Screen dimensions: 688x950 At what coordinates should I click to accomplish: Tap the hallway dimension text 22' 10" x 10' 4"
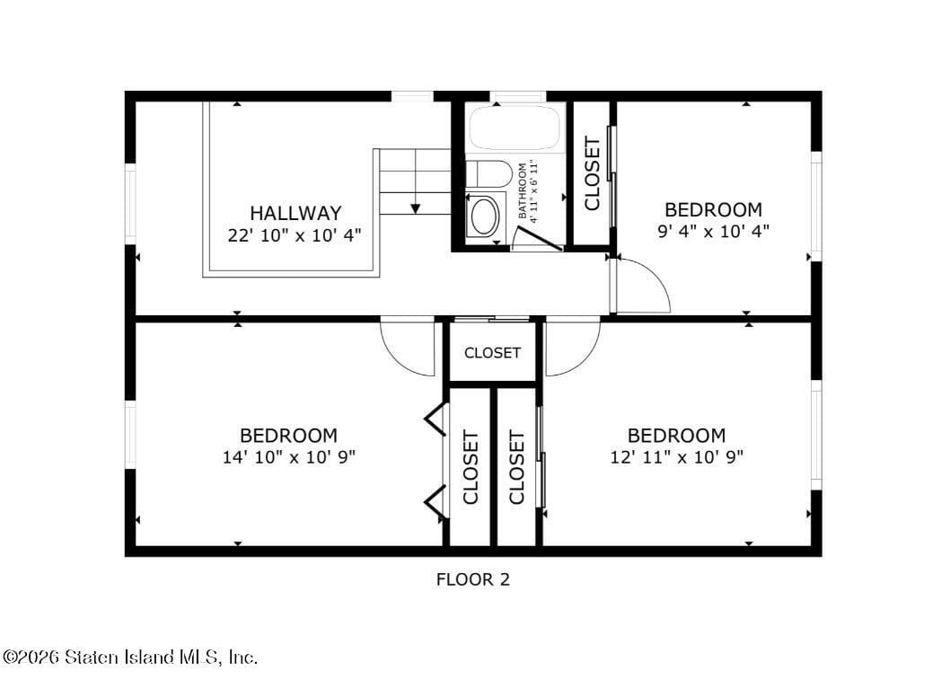295,235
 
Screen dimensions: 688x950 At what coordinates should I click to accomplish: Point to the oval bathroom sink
486,216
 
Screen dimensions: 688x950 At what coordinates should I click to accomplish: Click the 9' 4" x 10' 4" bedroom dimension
713,231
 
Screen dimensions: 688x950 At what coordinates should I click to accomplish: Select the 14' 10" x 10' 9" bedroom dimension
289,457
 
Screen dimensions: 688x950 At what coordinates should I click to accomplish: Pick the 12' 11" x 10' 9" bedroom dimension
676,457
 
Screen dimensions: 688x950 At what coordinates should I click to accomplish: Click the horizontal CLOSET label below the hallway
492,353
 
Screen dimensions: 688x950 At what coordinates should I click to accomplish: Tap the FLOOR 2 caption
472,579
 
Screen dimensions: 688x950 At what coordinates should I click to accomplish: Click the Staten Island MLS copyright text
130,657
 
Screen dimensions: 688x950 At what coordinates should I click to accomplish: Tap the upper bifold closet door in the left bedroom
435,419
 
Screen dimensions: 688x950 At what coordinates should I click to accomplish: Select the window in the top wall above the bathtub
517,96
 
